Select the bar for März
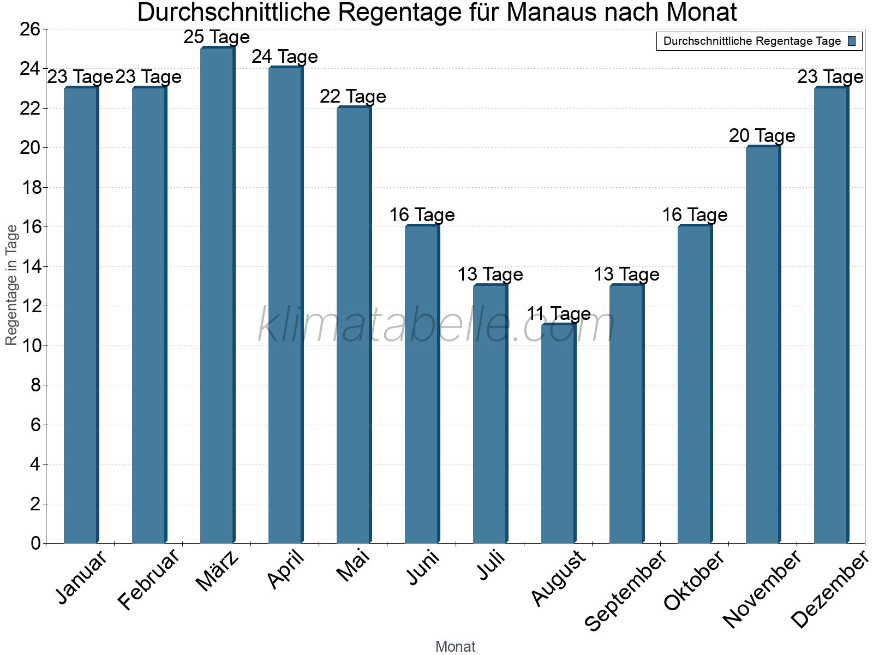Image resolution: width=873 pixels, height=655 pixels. click(x=217, y=295)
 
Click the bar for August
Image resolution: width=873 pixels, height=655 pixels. click(x=558, y=434)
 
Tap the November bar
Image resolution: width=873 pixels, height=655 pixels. click(x=762, y=344)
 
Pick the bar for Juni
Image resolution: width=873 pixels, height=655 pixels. click(x=421, y=385)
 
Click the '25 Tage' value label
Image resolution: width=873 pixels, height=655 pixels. click(x=217, y=37)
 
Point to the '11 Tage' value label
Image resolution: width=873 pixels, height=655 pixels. click(x=559, y=314)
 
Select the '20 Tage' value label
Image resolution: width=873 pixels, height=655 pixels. click(x=762, y=135)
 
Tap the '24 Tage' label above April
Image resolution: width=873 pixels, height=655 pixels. click(x=285, y=57)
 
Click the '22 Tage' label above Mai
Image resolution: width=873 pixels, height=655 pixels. click(x=353, y=97)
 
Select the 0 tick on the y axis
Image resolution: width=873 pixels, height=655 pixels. click(x=36, y=543)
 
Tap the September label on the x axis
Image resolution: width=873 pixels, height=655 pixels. click(x=625, y=589)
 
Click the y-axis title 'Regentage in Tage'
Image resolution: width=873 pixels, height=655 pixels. click(x=11, y=285)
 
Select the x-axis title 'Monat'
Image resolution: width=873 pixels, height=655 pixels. click(x=455, y=646)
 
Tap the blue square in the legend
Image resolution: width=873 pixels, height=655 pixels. click(x=852, y=41)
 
